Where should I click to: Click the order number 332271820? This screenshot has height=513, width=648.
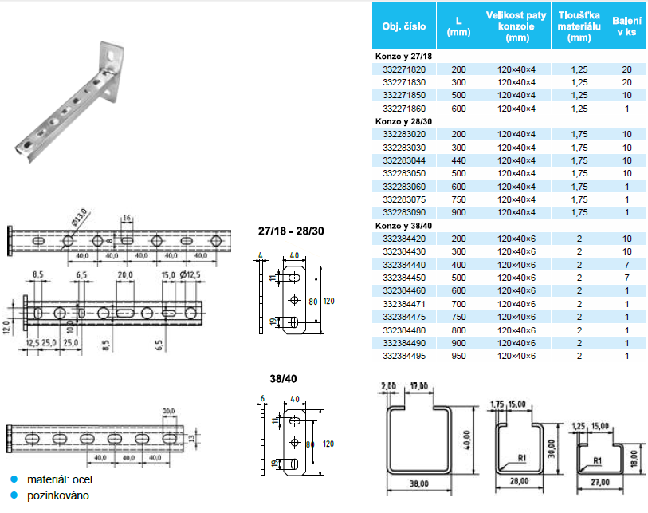pos(404,69)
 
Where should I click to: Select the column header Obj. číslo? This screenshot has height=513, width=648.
pos(404,26)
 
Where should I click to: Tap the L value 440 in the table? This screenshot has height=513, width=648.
pos(458,160)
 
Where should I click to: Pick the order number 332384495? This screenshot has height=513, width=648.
pos(404,356)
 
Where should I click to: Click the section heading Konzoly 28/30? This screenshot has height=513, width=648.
pos(403,121)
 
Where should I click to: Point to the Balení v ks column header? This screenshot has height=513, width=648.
pos(626,26)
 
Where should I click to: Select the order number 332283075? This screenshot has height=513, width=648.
pos(404,199)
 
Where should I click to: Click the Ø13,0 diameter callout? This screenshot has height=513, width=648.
pos(80,218)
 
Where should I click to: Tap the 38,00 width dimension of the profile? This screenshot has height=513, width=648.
pos(419,483)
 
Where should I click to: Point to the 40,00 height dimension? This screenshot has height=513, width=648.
pos(467,440)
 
